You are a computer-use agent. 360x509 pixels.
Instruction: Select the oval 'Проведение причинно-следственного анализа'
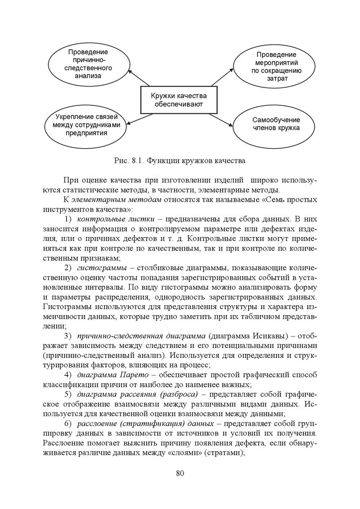coord(89,64)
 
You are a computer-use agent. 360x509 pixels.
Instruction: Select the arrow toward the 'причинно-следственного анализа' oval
coord(139,78)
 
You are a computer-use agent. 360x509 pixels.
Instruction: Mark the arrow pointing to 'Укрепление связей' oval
coord(139,119)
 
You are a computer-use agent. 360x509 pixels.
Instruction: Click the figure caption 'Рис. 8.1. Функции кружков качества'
coord(180,161)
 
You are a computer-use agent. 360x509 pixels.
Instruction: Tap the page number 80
coord(180,473)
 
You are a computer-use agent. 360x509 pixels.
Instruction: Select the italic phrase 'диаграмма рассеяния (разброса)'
coord(137,394)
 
